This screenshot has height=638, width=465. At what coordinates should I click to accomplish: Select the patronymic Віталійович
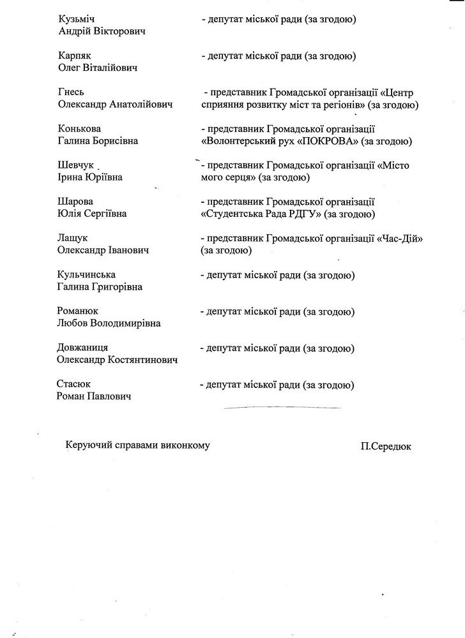pos(113,68)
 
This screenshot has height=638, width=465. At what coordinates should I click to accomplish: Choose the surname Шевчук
pos(75,165)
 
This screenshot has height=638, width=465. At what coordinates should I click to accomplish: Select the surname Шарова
pos(75,202)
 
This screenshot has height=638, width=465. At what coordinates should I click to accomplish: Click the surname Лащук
pos(73,238)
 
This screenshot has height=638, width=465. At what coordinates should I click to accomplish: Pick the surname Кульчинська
pos(86,275)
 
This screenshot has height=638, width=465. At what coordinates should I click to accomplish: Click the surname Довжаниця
pos(82,348)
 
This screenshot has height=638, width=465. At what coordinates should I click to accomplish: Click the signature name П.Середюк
pos(385,447)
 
